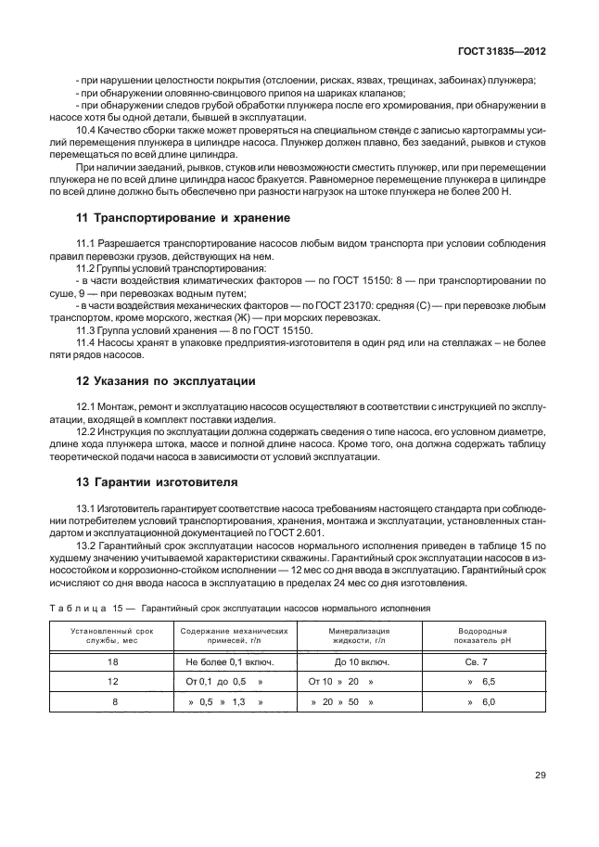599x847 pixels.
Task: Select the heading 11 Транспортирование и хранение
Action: (183, 217)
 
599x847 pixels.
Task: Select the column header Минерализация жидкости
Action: (354, 635)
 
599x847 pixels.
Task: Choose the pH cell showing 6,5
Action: (482, 682)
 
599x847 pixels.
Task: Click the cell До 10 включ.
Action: (354, 662)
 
